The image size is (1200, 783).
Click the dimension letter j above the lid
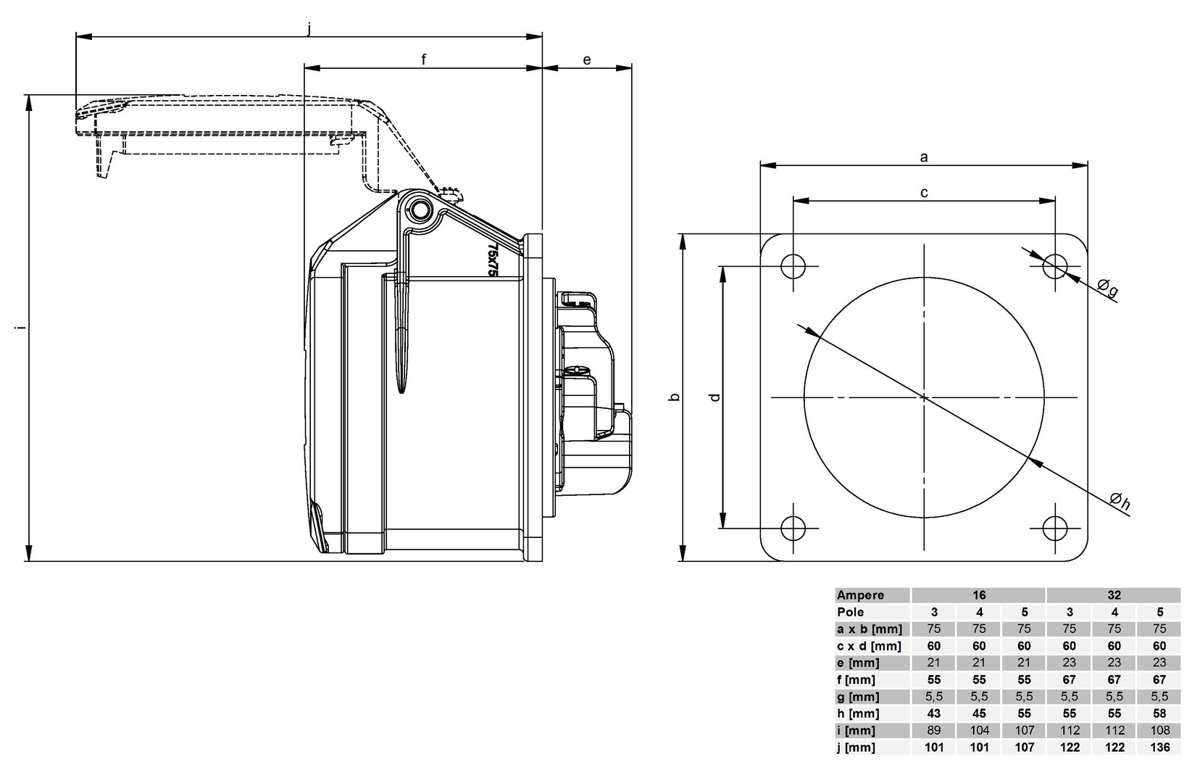(x=309, y=28)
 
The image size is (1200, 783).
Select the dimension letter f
(x=424, y=60)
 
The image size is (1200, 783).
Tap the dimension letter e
(x=587, y=60)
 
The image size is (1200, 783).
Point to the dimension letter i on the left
(x=21, y=328)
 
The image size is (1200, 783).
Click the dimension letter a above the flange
(x=924, y=157)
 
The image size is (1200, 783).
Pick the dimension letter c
(x=924, y=192)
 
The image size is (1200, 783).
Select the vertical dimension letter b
(x=674, y=397)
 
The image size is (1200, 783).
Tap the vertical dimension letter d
(x=715, y=397)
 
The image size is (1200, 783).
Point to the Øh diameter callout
(x=1120, y=501)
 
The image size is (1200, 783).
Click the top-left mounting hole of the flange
(x=793, y=266)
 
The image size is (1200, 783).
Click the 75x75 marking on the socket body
(x=493, y=259)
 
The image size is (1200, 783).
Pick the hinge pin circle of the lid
(x=420, y=211)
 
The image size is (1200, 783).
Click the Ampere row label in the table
(x=861, y=595)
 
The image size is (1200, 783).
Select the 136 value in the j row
(x=1159, y=747)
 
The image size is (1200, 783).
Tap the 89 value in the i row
(x=934, y=731)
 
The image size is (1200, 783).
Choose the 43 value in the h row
(x=934, y=713)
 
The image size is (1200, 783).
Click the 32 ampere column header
(x=1114, y=595)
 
